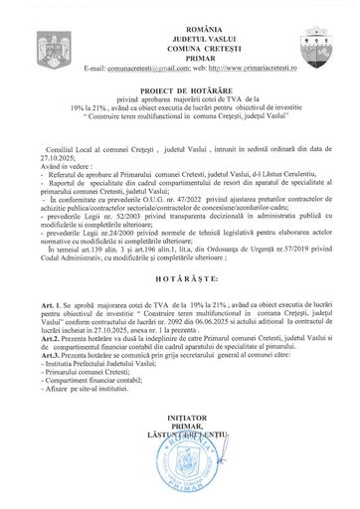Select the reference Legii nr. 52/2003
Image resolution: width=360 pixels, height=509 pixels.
click(x=125, y=218)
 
